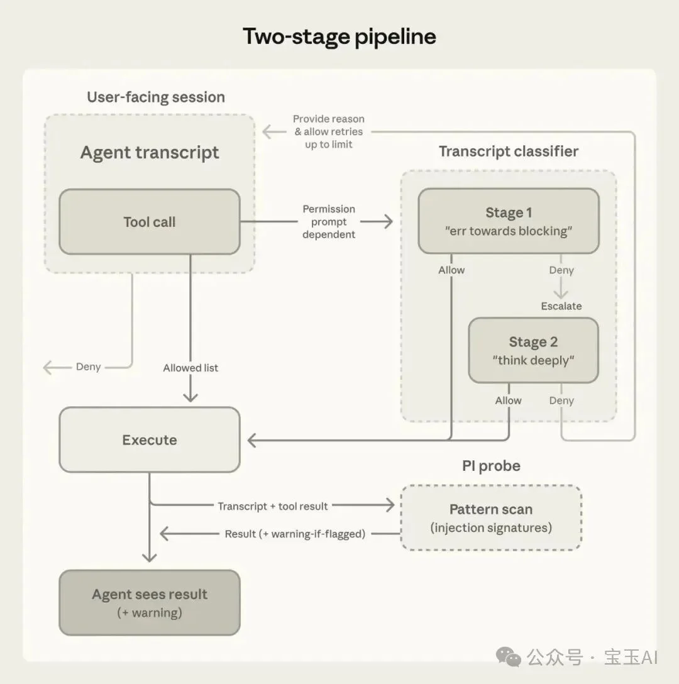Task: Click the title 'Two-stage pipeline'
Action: [339, 36]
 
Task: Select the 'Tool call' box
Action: [150, 222]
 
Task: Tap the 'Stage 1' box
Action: [509, 221]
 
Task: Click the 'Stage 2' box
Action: [533, 350]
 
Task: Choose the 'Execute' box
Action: [150, 440]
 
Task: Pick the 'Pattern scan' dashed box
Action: [491, 518]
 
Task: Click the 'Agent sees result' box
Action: [150, 602]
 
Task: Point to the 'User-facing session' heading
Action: [156, 97]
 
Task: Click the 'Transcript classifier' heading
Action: [508, 152]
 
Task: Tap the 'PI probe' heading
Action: [491, 466]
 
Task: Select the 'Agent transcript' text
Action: [150, 153]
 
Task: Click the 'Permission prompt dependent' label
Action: [329, 221]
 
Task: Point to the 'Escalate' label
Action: [561, 306]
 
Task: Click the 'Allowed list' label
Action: [190, 368]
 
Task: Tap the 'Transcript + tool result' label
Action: [273, 506]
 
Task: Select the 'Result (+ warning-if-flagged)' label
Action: [295, 534]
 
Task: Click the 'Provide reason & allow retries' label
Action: [329, 131]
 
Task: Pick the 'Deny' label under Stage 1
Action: [561, 270]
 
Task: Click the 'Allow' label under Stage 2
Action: [508, 400]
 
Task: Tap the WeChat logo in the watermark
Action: [508, 657]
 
